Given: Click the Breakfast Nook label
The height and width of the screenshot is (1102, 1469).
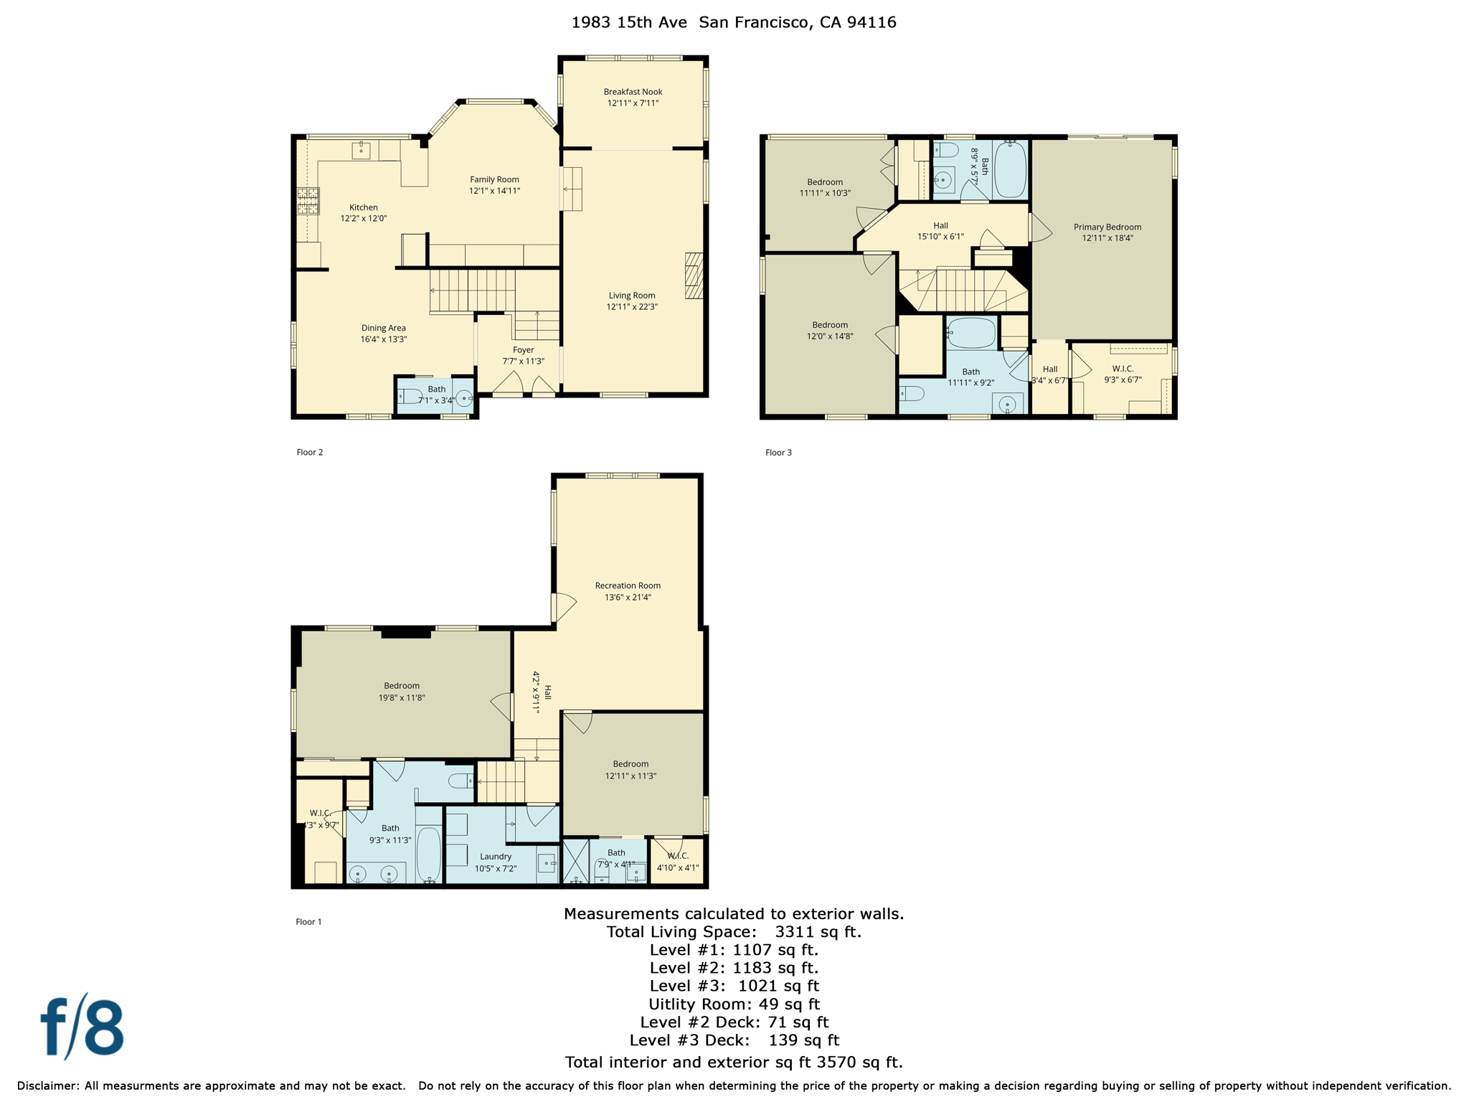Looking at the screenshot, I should (633, 92).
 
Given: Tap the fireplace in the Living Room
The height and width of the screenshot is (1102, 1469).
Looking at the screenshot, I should (694, 275).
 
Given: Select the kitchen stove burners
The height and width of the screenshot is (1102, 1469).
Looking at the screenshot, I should (308, 201).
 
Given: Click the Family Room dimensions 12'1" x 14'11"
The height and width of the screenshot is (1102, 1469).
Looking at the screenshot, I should (494, 191).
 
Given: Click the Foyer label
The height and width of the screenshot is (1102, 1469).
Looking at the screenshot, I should (523, 350).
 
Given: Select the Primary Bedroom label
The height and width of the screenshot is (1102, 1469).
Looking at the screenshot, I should (1107, 227).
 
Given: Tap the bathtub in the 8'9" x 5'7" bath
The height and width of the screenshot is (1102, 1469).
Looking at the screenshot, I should (1010, 169).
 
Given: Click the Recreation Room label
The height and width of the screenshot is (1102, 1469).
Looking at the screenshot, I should (628, 585).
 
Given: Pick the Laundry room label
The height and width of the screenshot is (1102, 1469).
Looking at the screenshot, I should (496, 857).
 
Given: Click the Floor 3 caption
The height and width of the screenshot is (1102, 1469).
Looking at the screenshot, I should (778, 453).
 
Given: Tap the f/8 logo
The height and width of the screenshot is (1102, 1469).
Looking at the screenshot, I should (82, 1027).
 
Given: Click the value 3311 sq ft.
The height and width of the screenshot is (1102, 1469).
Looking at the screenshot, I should (817, 932).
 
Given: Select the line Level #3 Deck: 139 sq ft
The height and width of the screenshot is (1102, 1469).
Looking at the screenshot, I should (734, 1040).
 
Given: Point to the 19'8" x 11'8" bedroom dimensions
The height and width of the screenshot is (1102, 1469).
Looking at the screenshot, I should (402, 697).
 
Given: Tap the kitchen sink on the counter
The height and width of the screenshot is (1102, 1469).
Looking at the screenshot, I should (361, 150).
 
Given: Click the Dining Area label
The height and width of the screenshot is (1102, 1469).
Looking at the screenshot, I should (383, 328).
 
